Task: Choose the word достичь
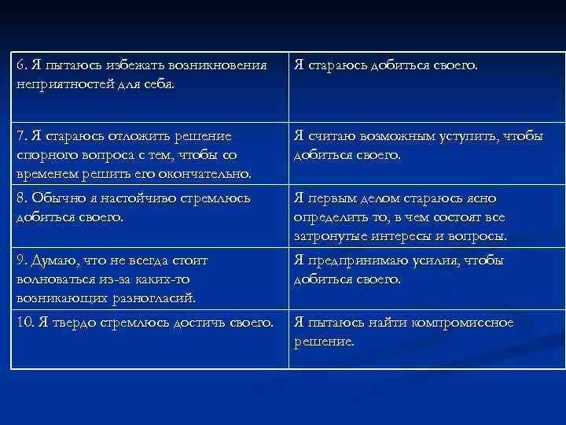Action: [x=198, y=322]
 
